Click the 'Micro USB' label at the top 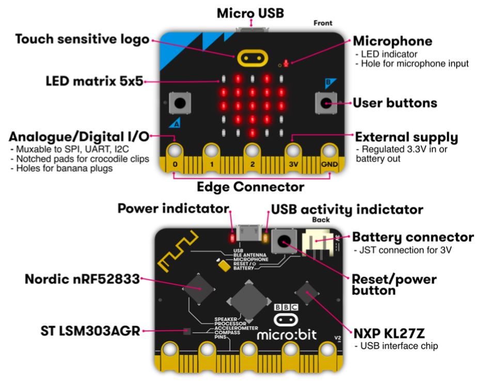250,13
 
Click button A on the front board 179,103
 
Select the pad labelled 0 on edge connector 175,151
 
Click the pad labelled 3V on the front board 293,151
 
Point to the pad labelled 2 251,151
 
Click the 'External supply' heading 406,137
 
